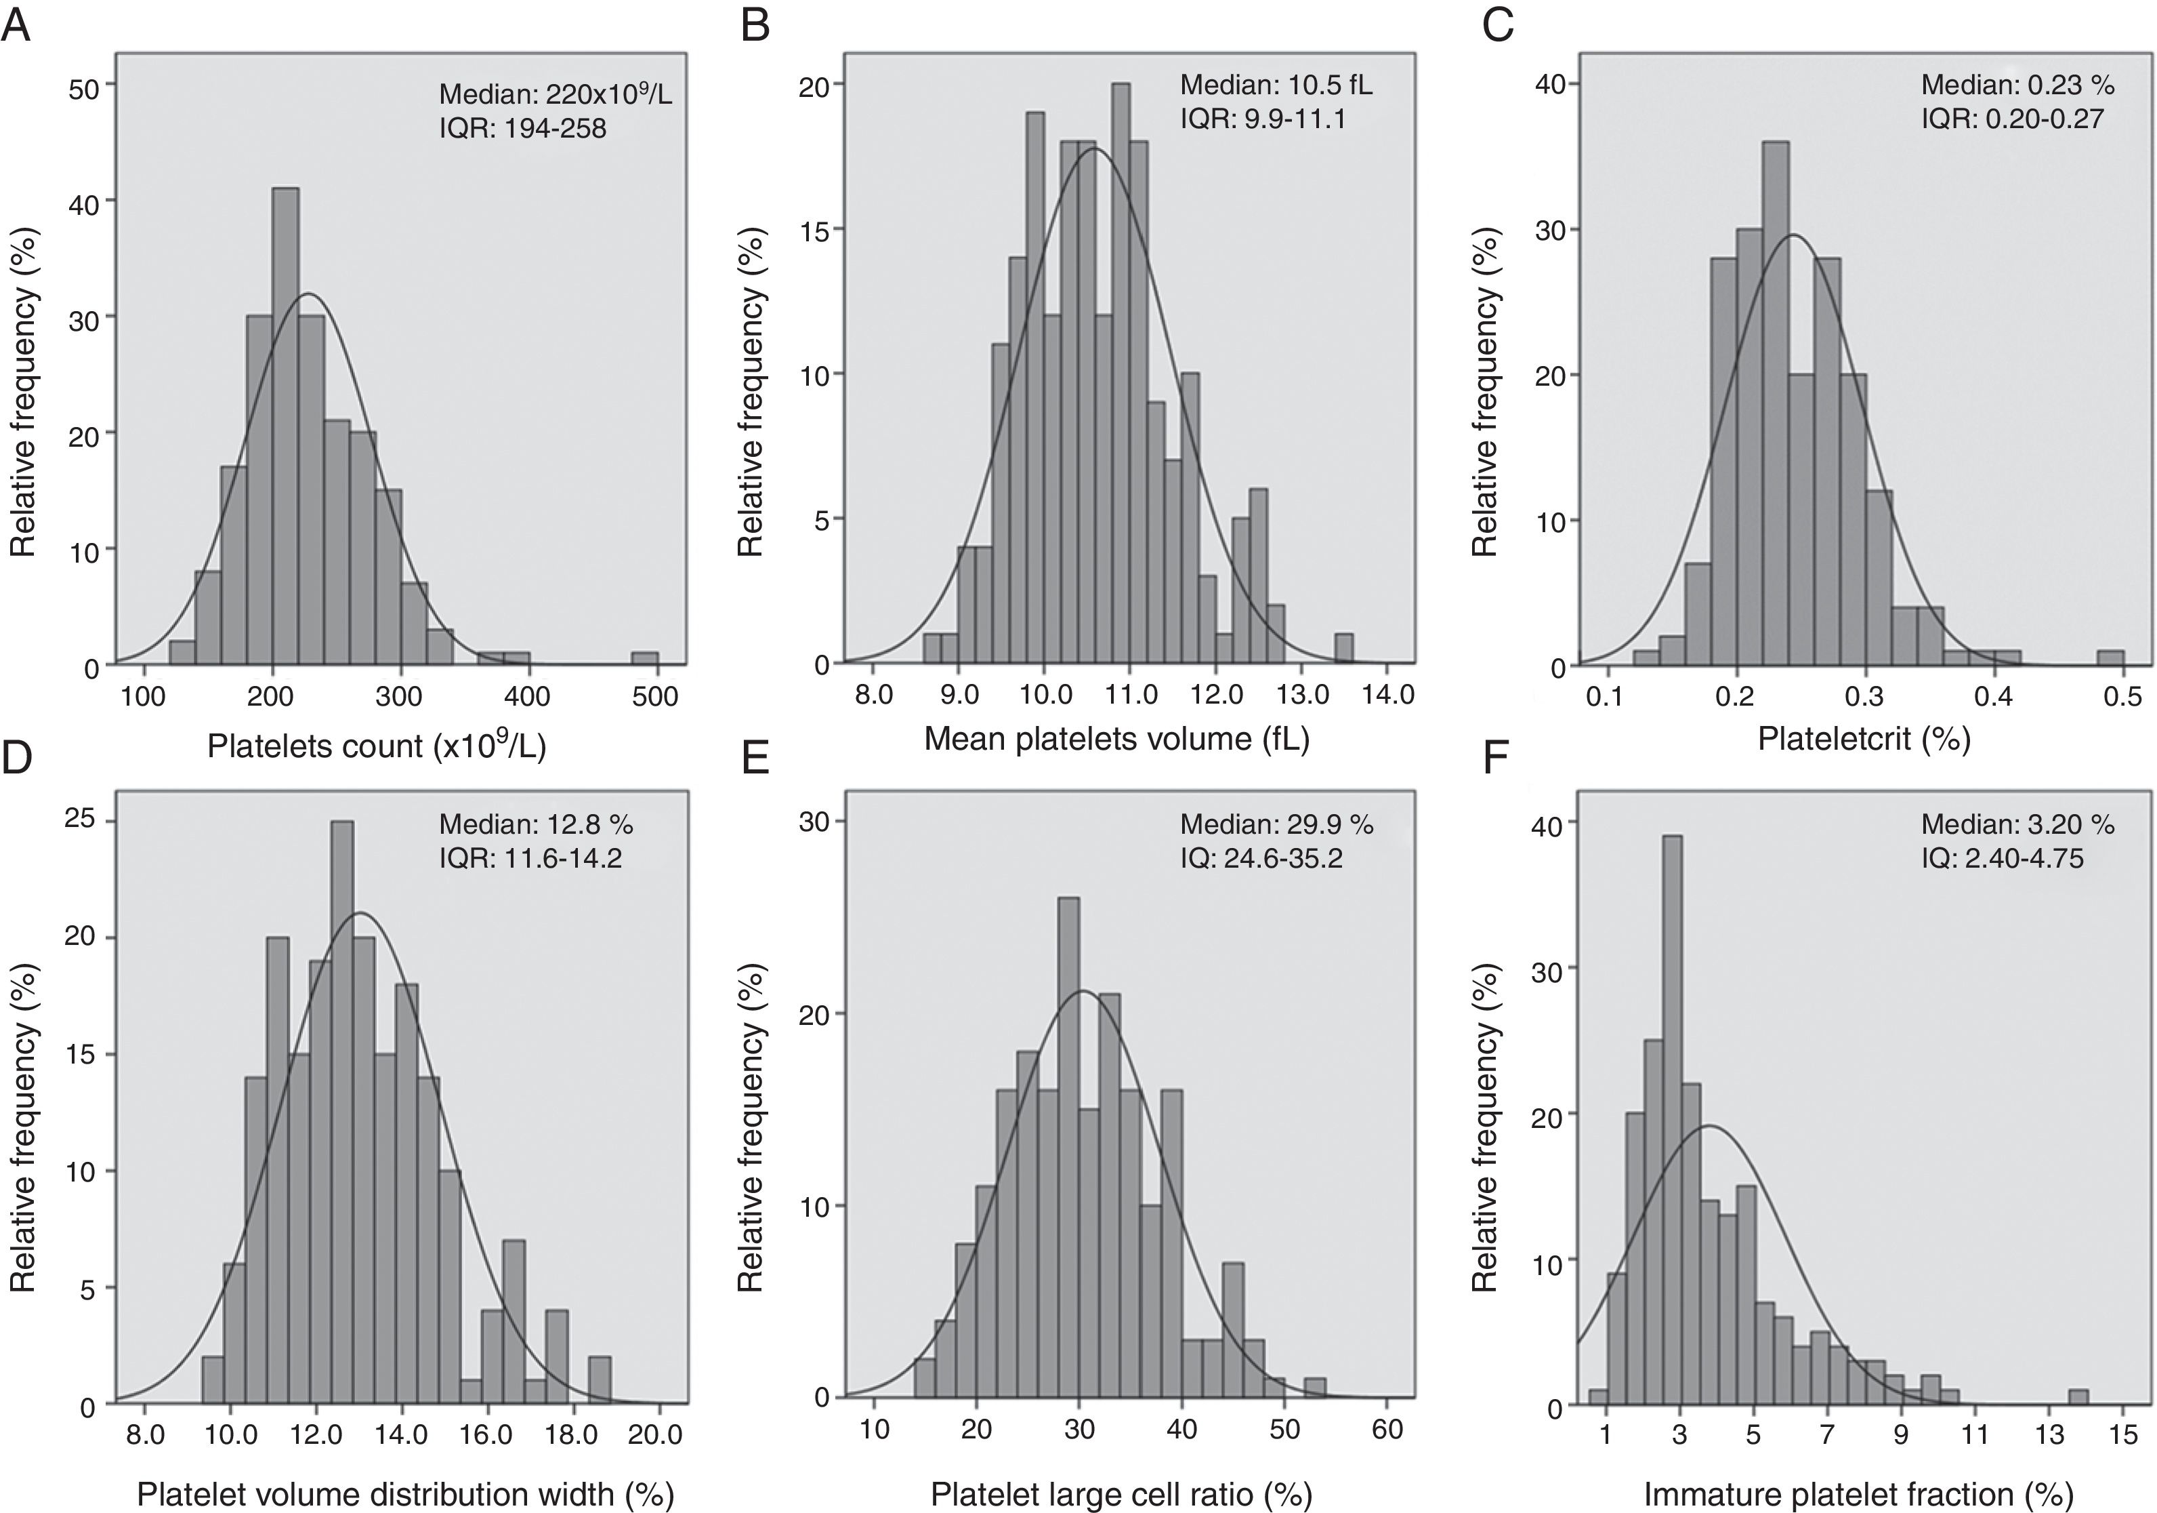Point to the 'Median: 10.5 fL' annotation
click(1276, 85)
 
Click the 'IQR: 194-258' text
click(522, 128)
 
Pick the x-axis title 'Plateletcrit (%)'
click(1864, 739)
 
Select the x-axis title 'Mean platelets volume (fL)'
click(1116, 739)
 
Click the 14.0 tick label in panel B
click(1389, 695)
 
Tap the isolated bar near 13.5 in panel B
click(1344, 649)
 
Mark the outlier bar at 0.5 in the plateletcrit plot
click(2111, 658)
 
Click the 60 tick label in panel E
click(1387, 1430)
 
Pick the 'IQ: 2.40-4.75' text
click(2002, 858)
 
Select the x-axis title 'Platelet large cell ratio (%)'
click(1121, 1493)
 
